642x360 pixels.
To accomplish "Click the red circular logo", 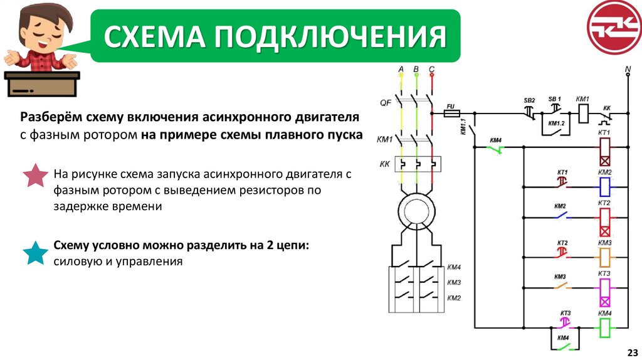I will [x=614, y=27].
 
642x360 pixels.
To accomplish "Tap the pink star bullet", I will [x=36, y=176].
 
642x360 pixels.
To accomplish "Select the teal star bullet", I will [x=35, y=253].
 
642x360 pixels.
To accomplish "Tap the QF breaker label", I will [x=386, y=102].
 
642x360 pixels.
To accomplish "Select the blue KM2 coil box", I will [x=604, y=186].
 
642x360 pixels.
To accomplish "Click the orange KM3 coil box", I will [x=604, y=257].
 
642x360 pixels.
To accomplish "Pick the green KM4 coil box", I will [x=604, y=326].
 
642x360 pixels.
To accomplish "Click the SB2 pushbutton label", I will [x=529, y=100].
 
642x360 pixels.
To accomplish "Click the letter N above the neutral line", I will [x=628, y=67].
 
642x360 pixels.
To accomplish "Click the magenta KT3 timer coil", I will [x=604, y=292].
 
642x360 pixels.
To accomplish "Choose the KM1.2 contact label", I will [x=556, y=124].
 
